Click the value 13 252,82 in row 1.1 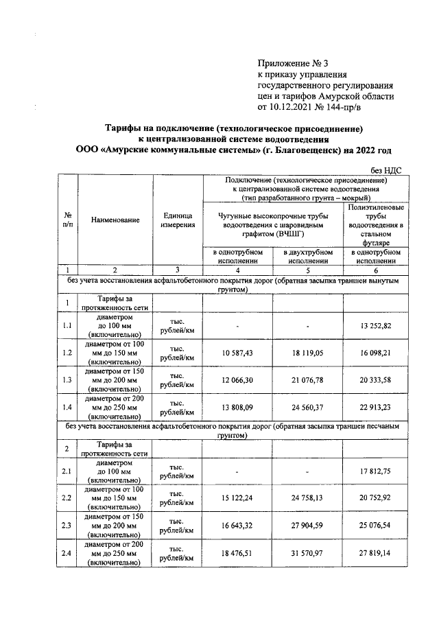pos(377,325)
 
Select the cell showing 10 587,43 pos(237,353)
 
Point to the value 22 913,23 pos(377,408)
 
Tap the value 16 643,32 pos(237,526)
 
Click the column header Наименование pos(115,220)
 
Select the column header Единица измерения pos(178,220)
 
